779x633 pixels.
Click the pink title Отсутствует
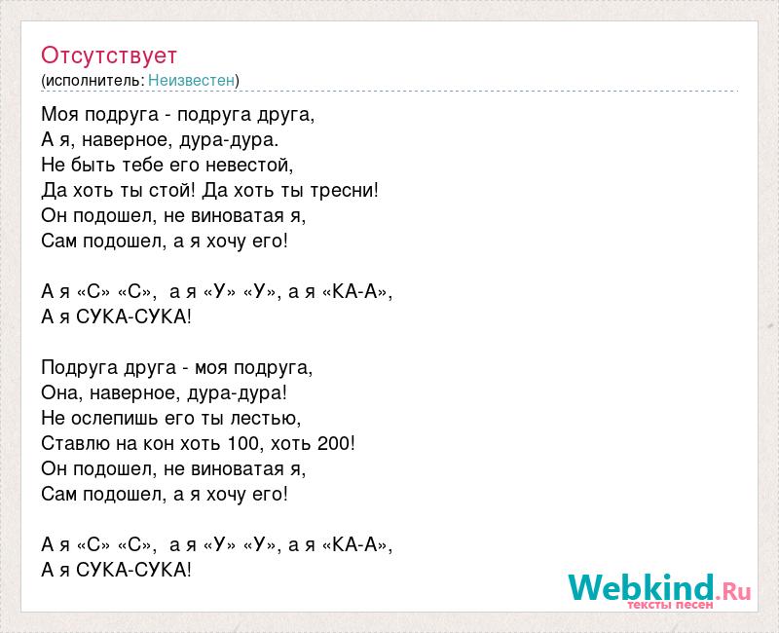tap(109, 56)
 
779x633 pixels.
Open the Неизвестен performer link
tap(191, 80)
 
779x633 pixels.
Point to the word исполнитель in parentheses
tap(93, 81)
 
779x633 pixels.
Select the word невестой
tap(249, 165)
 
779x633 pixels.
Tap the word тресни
tap(342, 190)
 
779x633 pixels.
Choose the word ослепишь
tap(115, 419)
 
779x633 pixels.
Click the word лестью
tap(265, 419)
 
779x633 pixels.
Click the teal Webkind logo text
tap(641, 587)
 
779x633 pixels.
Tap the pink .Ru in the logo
tap(733, 591)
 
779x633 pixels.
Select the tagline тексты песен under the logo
tap(670, 605)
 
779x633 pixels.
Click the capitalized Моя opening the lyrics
tap(60, 115)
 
